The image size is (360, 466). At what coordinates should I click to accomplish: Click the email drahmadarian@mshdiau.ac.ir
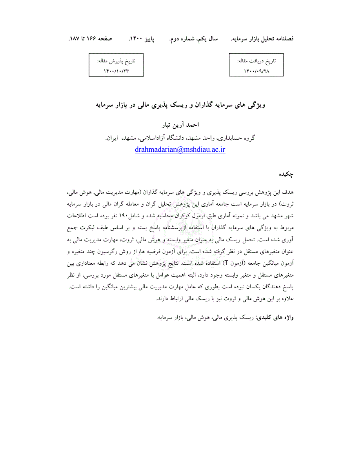180,149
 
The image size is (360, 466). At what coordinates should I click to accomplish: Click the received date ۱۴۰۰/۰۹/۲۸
256,71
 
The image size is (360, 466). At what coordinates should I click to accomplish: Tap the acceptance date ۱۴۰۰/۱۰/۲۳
116,71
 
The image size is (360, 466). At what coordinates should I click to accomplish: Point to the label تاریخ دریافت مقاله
256,61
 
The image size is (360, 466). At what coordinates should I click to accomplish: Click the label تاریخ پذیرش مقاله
116,61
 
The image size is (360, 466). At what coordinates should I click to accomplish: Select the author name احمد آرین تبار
180,125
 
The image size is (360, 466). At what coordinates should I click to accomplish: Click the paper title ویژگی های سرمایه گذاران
180,106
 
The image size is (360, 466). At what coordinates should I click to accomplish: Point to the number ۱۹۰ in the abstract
124,216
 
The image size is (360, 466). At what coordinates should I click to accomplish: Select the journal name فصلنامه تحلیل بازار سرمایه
262,39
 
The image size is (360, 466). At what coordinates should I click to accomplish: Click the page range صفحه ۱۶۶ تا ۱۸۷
91,39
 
